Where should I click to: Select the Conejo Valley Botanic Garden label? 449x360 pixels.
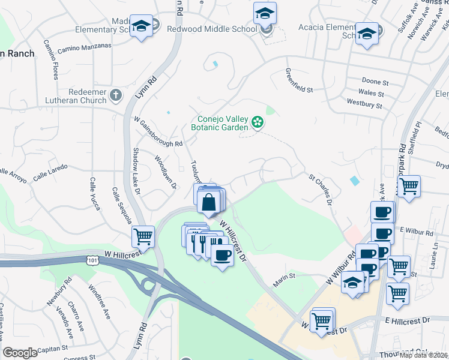[x=220, y=123]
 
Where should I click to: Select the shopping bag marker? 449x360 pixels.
[x=209, y=202]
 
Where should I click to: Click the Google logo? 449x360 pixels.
[x=20, y=353]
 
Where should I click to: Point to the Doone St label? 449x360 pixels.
[x=375, y=81]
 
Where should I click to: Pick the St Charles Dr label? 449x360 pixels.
[x=321, y=190]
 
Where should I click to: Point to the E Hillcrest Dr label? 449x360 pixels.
[x=409, y=322]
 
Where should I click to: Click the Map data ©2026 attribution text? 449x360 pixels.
[x=423, y=355]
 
